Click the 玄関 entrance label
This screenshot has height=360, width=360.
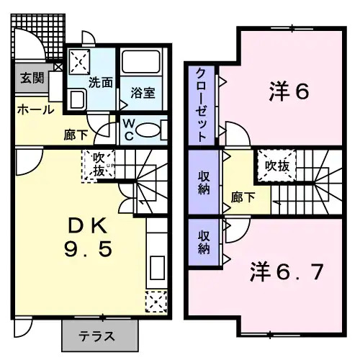[x=30, y=78]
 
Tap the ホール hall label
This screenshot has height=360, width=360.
[x=34, y=110]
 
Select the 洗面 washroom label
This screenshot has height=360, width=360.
[x=100, y=82]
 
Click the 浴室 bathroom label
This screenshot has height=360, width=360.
[x=142, y=92]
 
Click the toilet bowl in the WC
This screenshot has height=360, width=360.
[x=149, y=130]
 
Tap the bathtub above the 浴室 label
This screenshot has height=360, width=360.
[x=141, y=65]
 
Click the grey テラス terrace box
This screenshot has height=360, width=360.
[x=99, y=335]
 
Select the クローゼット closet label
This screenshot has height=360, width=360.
[x=201, y=104]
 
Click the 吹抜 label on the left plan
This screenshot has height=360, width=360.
[x=98, y=165]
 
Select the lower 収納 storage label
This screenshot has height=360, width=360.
[x=204, y=243]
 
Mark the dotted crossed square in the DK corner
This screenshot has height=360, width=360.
[x=156, y=301]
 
